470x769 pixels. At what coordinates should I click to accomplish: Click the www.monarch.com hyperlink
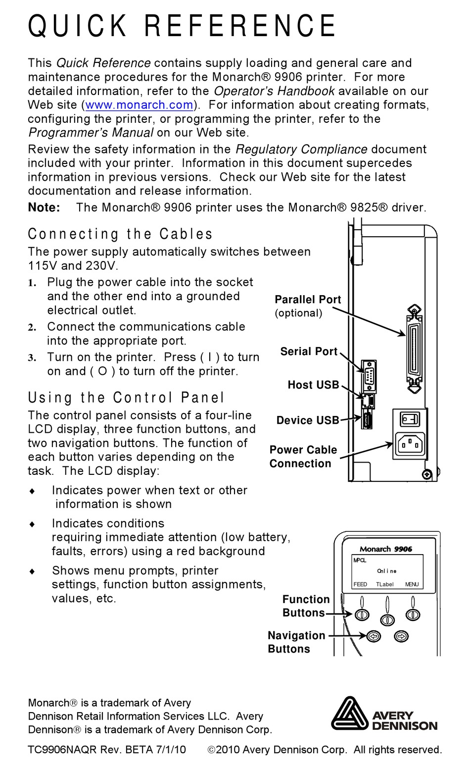139,105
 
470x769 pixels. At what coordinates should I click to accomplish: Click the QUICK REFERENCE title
182,26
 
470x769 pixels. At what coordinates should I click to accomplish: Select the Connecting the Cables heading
120,234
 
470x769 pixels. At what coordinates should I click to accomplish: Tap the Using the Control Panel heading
126,397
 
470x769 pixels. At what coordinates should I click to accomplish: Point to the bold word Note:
44,207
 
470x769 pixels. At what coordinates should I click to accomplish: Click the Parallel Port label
308,300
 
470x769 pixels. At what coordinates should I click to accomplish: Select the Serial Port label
309,352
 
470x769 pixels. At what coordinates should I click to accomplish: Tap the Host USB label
313,385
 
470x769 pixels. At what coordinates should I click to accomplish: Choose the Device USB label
307,420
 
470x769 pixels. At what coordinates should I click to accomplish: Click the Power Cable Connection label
303,457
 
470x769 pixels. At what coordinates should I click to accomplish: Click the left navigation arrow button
374,636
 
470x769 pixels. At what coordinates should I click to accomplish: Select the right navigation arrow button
401,636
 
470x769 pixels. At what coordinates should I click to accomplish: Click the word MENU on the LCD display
412,584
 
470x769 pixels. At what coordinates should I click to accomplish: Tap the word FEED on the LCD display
360,584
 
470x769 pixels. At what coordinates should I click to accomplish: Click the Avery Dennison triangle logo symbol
350,714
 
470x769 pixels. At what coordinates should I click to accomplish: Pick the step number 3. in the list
32,358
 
